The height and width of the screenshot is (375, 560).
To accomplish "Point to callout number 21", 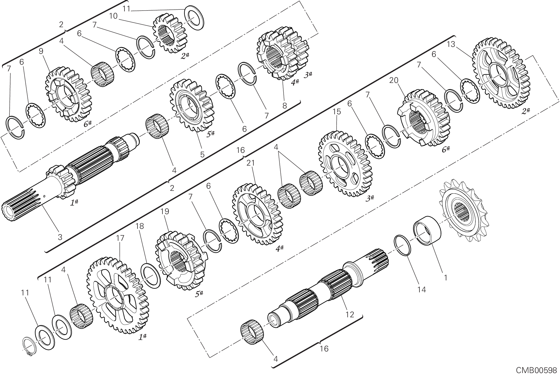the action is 250,163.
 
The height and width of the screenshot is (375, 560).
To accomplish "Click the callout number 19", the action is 165,211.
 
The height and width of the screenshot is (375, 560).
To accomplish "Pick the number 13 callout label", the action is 451,44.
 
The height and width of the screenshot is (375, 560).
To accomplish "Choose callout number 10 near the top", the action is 113,16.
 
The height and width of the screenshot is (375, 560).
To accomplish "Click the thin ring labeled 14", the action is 403,245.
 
